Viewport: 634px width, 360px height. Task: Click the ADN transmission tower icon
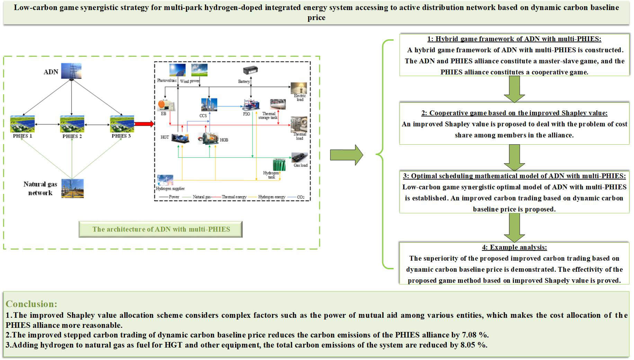[x=71, y=71]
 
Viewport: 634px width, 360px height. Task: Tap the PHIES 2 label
[x=72, y=136]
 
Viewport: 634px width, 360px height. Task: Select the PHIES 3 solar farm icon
[x=122, y=124]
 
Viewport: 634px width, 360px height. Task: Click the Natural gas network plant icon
[x=72, y=188]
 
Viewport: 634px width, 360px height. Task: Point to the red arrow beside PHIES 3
[x=144, y=124]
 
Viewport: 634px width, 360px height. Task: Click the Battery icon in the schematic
[x=250, y=71]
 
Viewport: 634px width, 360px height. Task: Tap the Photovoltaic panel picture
[x=177, y=70]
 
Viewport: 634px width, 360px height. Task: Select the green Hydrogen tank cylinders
[x=279, y=164]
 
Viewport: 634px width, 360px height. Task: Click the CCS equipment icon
[x=209, y=105]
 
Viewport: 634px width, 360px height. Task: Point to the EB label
[x=163, y=114]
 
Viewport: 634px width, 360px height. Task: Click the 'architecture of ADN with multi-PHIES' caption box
[x=161, y=229]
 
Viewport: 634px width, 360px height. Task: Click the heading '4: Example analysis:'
[x=514, y=247]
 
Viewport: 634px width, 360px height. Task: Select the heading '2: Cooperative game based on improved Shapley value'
[x=514, y=113]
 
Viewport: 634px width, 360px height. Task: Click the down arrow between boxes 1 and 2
[x=514, y=89]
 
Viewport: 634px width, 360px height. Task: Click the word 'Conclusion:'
[x=32, y=304]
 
